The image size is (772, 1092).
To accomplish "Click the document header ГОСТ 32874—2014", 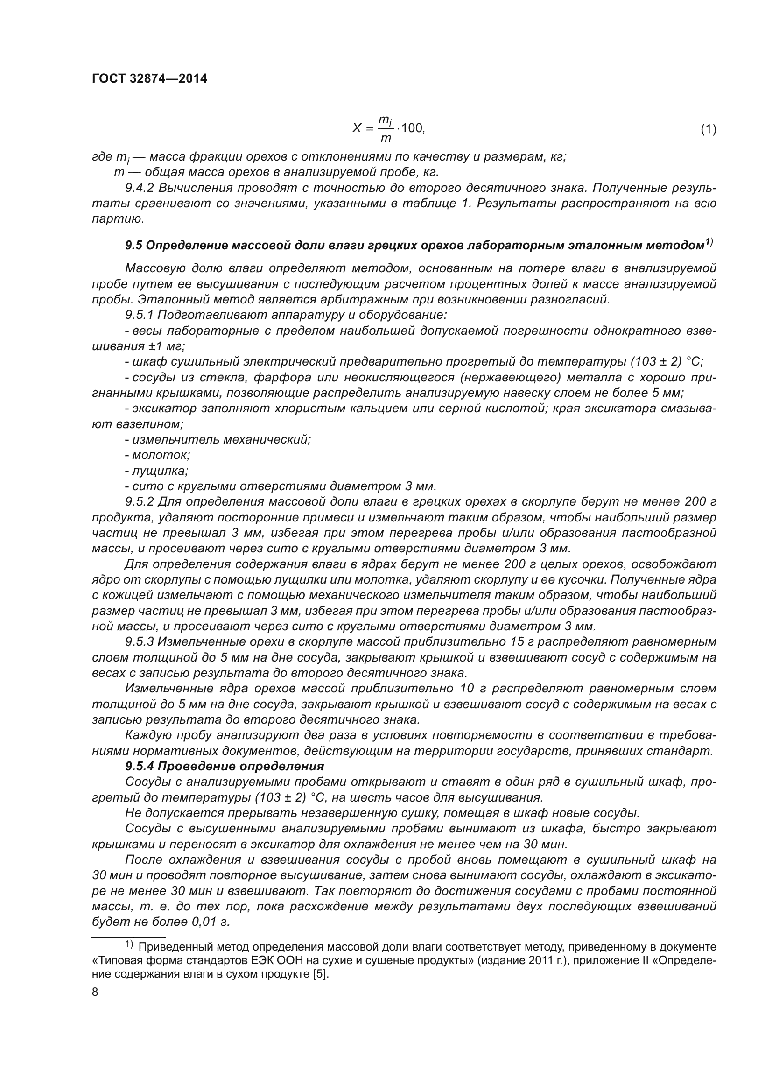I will click(149, 79).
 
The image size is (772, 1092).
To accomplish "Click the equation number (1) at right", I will click(708, 129).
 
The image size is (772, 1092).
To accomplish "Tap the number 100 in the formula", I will click(411, 128).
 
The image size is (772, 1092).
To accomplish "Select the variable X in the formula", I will click(357, 128).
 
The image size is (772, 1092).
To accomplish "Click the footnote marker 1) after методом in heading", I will click(709, 242).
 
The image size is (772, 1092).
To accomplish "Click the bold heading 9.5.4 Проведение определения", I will click(225, 767).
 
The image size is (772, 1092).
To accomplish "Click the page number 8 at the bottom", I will click(95, 993).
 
